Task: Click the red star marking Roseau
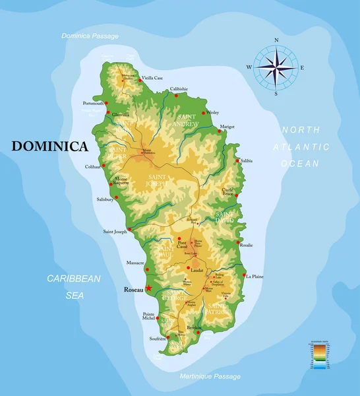coord(149,288)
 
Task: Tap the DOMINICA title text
coord(49,147)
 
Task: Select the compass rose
coord(276,67)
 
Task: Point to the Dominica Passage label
coord(90,36)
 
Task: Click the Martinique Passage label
coord(210,376)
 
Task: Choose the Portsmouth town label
coord(94,104)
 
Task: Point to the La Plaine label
coord(255,277)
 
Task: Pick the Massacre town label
coord(135,263)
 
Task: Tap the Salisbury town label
coord(105,199)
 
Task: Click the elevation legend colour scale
coord(318,356)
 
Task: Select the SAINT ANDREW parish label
coord(185,119)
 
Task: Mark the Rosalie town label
coord(246,245)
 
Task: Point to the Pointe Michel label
coord(149,315)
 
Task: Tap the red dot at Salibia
coord(237,160)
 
